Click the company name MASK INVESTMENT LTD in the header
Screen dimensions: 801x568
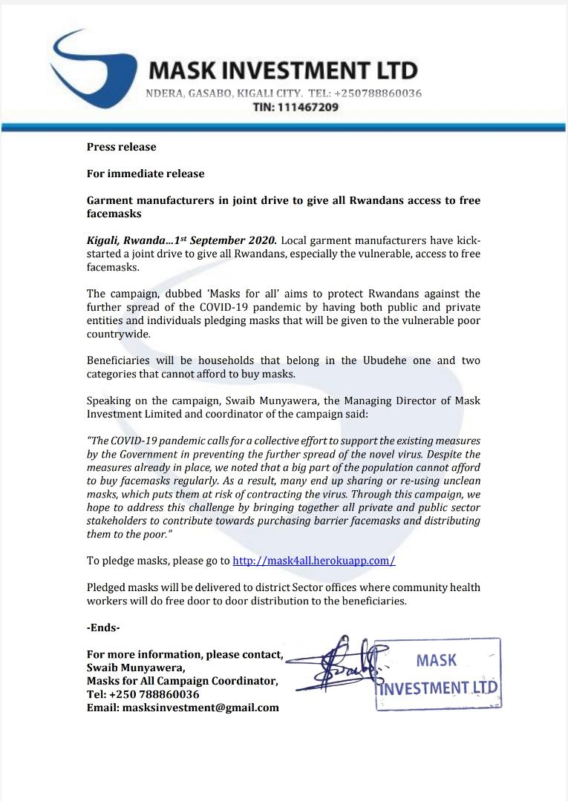click(x=283, y=71)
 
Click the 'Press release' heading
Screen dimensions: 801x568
click(x=121, y=147)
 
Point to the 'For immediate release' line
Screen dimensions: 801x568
click(x=146, y=174)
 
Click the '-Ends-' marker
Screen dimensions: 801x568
click(x=103, y=627)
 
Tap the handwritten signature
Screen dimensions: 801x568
click(x=349, y=662)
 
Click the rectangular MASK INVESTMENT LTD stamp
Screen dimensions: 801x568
click(x=437, y=673)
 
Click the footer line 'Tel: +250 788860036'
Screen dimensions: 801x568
click(x=143, y=694)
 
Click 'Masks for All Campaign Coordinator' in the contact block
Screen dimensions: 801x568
click(x=183, y=681)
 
